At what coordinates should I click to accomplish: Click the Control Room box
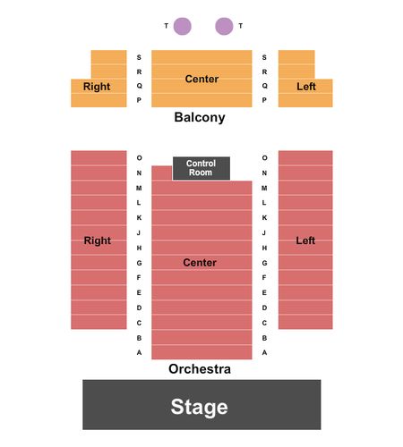(x=201, y=168)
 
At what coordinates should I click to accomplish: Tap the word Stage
(x=199, y=407)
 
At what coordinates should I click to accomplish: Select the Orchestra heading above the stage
(x=200, y=369)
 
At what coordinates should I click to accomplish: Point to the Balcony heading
(x=200, y=117)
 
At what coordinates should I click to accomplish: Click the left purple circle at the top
(x=183, y=26)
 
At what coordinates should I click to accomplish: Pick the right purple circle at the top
(x=224, y=26)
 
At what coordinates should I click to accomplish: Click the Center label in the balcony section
(x=201, y=79)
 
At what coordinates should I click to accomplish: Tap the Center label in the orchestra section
(x=200, y=263)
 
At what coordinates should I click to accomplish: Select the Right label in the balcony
(x=97, y=87)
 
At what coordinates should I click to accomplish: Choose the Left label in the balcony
(x=306, y=87)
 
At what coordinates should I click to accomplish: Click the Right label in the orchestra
(x=98, y=240)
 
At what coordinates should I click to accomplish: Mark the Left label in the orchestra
(x=305, y=240)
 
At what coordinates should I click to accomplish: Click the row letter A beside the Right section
(x=139, y=352)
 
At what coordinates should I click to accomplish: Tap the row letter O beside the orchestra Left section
(x=264, y=158)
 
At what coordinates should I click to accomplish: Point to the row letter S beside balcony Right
(x=139, y=57)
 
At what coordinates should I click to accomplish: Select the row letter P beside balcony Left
(x=264, y=100)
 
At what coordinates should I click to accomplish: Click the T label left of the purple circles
(x=167, y=26)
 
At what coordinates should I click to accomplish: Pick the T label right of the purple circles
(x=241, y=26)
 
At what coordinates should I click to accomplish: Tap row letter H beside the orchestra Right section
(x=139, y=248)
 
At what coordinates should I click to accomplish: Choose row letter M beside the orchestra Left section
(x=264, y=188)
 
